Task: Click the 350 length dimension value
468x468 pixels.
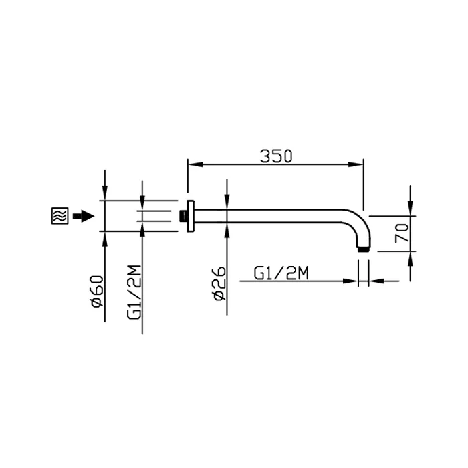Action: (276, 156)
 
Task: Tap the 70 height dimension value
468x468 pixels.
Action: (402, 233)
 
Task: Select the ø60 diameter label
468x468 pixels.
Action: (98, 291)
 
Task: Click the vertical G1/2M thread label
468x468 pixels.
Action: (134, 292)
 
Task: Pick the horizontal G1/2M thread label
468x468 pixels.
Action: (281, 273)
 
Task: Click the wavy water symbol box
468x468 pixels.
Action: (60, 215)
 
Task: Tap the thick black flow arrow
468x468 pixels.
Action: (84, 216)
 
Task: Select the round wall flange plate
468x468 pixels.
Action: (191, 216)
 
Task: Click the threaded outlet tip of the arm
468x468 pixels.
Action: (364, 249)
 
